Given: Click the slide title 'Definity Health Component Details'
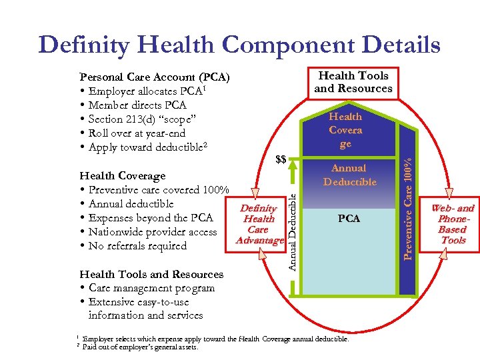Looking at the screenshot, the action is click(x=240, y=45).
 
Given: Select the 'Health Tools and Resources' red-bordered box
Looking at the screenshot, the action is click(x=353, y=82).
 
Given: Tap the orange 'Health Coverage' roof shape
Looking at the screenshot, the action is click(x=345, y=130).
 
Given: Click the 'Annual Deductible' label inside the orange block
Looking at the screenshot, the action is click(x=349, y=175).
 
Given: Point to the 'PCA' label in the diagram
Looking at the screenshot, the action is click(x=349, y=218).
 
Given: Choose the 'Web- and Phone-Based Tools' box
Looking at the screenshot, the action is click(x=453, y=224).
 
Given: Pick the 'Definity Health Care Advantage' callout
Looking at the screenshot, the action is click(x=259, y=224).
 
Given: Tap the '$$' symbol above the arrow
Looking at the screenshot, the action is click(x=281, y=159).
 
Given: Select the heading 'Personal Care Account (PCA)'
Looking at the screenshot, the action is click(x=155, y=77).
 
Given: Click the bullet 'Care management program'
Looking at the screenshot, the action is click(x=151, y=288).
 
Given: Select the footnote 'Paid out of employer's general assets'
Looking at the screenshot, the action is click(x=140, y=347).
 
